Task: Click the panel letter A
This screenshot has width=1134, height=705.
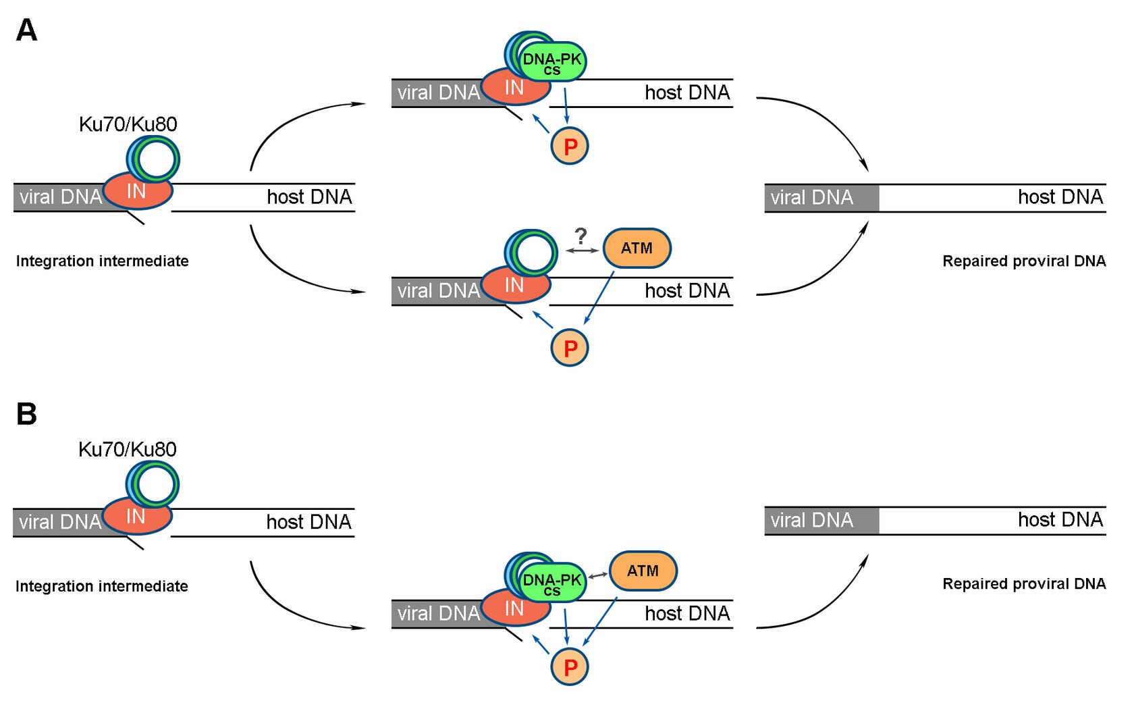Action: pyautogui.click(x=26, y=30)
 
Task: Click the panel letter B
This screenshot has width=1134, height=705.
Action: pyautogui.click(x=26, y=414)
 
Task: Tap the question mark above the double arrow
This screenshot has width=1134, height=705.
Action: pyautogui.click(x=580, y=236)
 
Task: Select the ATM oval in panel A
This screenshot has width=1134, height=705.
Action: pyautogui.click(x=637, y=248)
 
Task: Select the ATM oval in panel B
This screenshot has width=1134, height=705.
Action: pyautogui.click(x=643, y=571)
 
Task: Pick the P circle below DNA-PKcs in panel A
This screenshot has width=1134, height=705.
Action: pyautogui.click(x=570, y=146)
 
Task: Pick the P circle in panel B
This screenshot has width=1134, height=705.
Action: pyautogui.click(x=570, y=667)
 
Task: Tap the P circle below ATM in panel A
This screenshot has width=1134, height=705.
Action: pyautogui.click(x=570, y=348)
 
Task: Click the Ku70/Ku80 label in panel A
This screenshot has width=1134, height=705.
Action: pyautogui.click(x=128, y=124)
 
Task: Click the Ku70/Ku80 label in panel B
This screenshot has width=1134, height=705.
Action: pyautogui.click(x=128, y=450)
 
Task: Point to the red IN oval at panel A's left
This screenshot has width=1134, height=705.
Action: pyautogui.click(x=137, y=192)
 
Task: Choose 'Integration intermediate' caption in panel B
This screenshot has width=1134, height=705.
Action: pyautogui.click(x=102, y=586)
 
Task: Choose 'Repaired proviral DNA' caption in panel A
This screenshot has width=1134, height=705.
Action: pyautogui.click(x=1024, y=261)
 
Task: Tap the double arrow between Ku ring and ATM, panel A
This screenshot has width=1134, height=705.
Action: pyautogui.click(x=582, y=251)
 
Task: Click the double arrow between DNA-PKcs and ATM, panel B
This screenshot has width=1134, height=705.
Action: pyautogui.click(x=598, y=575)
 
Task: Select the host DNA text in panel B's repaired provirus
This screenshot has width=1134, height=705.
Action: pyautogui.click(x=1060, y=520)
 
